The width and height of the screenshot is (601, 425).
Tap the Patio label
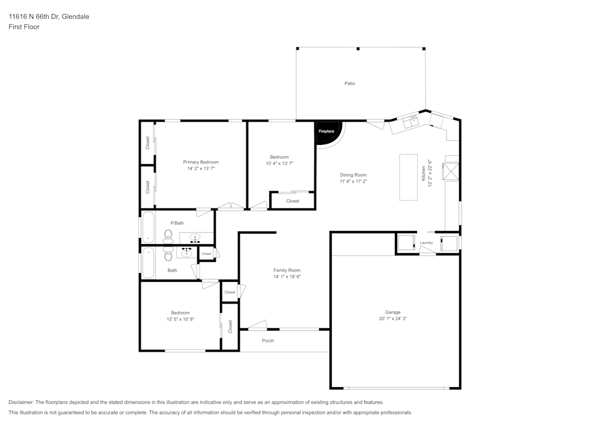tap(349, 84)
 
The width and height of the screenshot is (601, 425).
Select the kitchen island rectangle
tap(409, 177)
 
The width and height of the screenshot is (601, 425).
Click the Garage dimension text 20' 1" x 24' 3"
tap(393, 319)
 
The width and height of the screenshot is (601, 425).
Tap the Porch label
tap(268, 341)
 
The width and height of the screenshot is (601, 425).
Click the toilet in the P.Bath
tap(168, 237)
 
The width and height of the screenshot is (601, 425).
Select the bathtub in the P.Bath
tap(148, 227)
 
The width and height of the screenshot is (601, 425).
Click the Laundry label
tap(426, 243)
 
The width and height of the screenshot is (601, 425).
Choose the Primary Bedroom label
tap(201, 162)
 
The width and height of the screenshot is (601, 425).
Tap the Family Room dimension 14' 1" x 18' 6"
tap(287, 277)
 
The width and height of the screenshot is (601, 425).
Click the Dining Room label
tap(353, 175)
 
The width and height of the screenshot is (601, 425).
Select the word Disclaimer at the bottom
tap(21, 402)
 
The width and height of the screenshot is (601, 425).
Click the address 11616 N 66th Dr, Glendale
tap(49, 17)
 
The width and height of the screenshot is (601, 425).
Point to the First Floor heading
tap(24, 27)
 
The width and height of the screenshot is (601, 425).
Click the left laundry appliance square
tap(406, 243)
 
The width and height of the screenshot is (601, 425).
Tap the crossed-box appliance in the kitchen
tap(451, 171)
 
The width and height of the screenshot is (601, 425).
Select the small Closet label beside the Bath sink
tap(206, 254)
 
